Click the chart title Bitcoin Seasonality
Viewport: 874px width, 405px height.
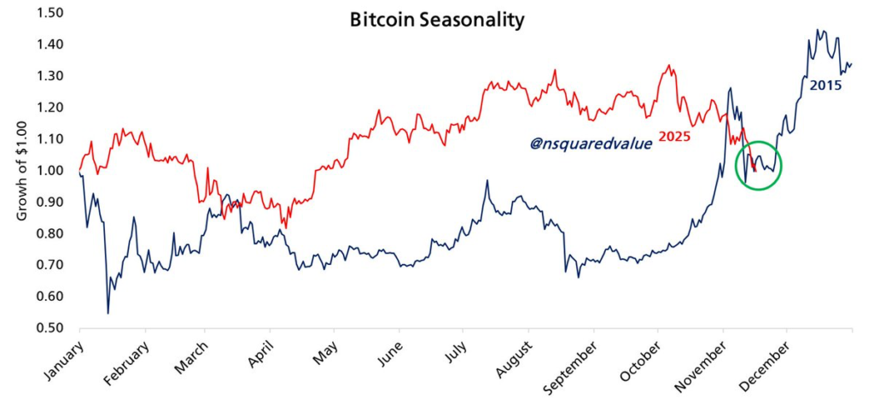(x=436, y=20)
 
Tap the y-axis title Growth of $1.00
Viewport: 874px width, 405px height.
(x=23, y=171)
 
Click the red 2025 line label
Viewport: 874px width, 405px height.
(x=674, y=136)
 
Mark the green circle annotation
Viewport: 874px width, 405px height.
(x=759, y=166)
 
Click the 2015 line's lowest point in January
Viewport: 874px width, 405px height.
(x=108, y=313)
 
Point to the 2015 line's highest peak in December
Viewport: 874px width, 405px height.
(x=818, y=30)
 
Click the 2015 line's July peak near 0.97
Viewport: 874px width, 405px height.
(x=487, y=181)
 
